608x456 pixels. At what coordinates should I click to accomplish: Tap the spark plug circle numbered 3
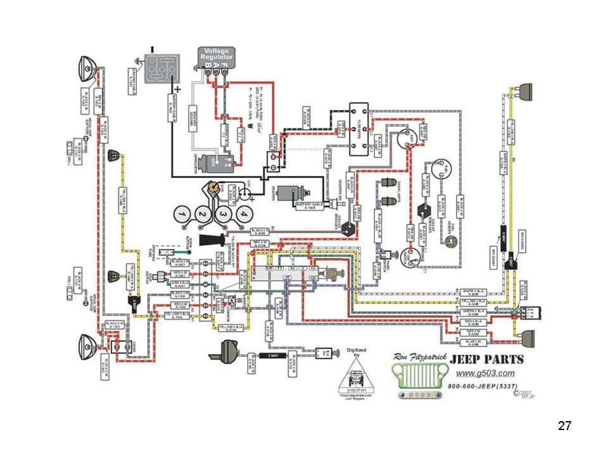coord(223,217)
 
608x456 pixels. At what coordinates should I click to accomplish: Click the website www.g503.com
coord(485,373)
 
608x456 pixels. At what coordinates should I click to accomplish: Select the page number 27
coord(565,425)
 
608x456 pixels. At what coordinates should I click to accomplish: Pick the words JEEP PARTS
coord(486,359)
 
